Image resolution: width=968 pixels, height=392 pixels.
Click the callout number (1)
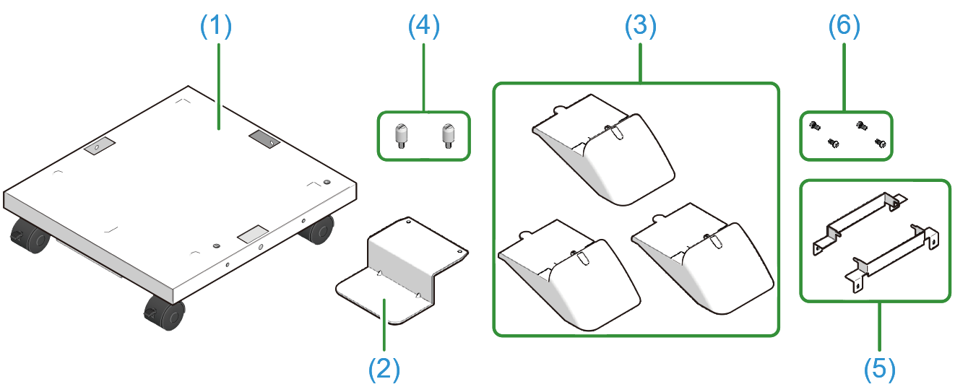215,27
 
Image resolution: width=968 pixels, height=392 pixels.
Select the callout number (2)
384,369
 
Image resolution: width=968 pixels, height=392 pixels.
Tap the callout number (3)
640,27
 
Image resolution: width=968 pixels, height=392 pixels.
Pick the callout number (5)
879,369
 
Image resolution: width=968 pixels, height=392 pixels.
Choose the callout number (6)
844,27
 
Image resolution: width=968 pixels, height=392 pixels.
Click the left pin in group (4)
402,135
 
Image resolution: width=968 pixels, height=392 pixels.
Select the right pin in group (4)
448,135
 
